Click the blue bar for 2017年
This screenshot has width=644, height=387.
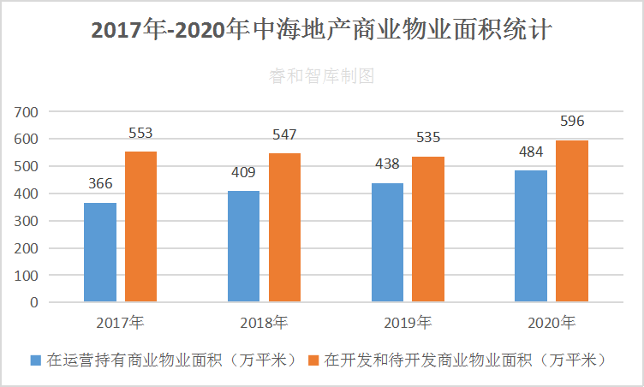(100, 252)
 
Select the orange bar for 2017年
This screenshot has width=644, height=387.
(140, 226)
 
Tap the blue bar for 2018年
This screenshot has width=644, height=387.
(244, 246)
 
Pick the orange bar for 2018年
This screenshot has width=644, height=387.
(284, 227)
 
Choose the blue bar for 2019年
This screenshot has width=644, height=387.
(387, 242)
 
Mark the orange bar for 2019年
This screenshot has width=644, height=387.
(427, 229)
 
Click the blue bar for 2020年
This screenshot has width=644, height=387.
(531, 235)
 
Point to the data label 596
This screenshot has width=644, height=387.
(571, 121)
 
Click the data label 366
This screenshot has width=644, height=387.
(100, 184)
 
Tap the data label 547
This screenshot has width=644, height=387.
(284, 134)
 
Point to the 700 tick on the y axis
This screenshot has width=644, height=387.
(27, 111)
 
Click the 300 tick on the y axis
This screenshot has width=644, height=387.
(27, 221)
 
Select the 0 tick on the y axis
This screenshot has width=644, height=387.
(34, 303)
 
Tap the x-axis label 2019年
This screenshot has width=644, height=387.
(408, 323)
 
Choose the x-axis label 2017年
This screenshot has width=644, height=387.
(121, 323)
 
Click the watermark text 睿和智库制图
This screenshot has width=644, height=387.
(321, 76)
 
